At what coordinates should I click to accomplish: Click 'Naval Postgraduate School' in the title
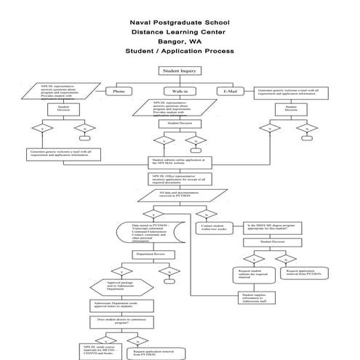coord(179,22)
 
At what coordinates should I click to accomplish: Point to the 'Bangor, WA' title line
coord(179,41)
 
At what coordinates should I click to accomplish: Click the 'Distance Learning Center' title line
coord(179,32)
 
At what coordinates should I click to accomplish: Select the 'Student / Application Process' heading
coord(179,52)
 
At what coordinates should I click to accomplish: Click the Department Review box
coord(154,254)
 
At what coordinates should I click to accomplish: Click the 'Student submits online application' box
coord(179,161)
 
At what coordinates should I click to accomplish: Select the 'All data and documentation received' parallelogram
coord(179,194)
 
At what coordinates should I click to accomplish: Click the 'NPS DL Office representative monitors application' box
coord(179,177)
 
